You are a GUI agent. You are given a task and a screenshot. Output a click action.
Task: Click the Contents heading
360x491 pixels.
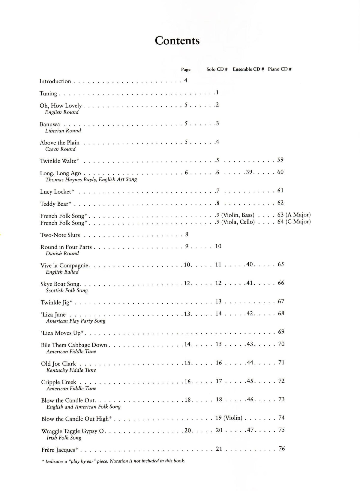(177, 41)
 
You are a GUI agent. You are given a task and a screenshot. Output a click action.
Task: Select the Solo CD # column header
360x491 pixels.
(217, 69)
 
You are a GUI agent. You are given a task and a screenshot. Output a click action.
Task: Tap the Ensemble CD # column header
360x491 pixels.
(248, 69)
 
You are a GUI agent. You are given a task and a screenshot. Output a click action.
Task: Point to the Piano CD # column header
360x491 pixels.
(280, 69)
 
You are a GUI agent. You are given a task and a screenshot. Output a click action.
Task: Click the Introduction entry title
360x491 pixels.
(55, 81)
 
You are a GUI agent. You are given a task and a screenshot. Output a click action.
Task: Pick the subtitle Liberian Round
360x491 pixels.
(63, 131)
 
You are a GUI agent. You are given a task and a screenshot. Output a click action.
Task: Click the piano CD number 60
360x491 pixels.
(280, 172)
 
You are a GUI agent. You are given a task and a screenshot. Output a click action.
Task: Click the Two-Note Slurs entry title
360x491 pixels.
(60, 235)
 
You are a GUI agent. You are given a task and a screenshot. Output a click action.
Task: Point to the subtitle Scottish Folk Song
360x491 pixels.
(67, 290)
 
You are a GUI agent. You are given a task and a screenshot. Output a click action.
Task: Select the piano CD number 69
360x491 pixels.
(281, 332)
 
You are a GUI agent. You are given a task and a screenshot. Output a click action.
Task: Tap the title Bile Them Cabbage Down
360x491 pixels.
(74, 345)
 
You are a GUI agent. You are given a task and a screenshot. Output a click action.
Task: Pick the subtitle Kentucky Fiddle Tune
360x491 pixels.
(71, 370)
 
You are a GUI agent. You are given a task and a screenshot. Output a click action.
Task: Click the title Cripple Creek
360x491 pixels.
(58, 382)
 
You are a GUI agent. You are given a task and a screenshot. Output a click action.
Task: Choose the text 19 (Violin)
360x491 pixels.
(229, 418)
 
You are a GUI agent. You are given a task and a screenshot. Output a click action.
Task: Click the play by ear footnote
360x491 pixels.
(114, 461)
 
